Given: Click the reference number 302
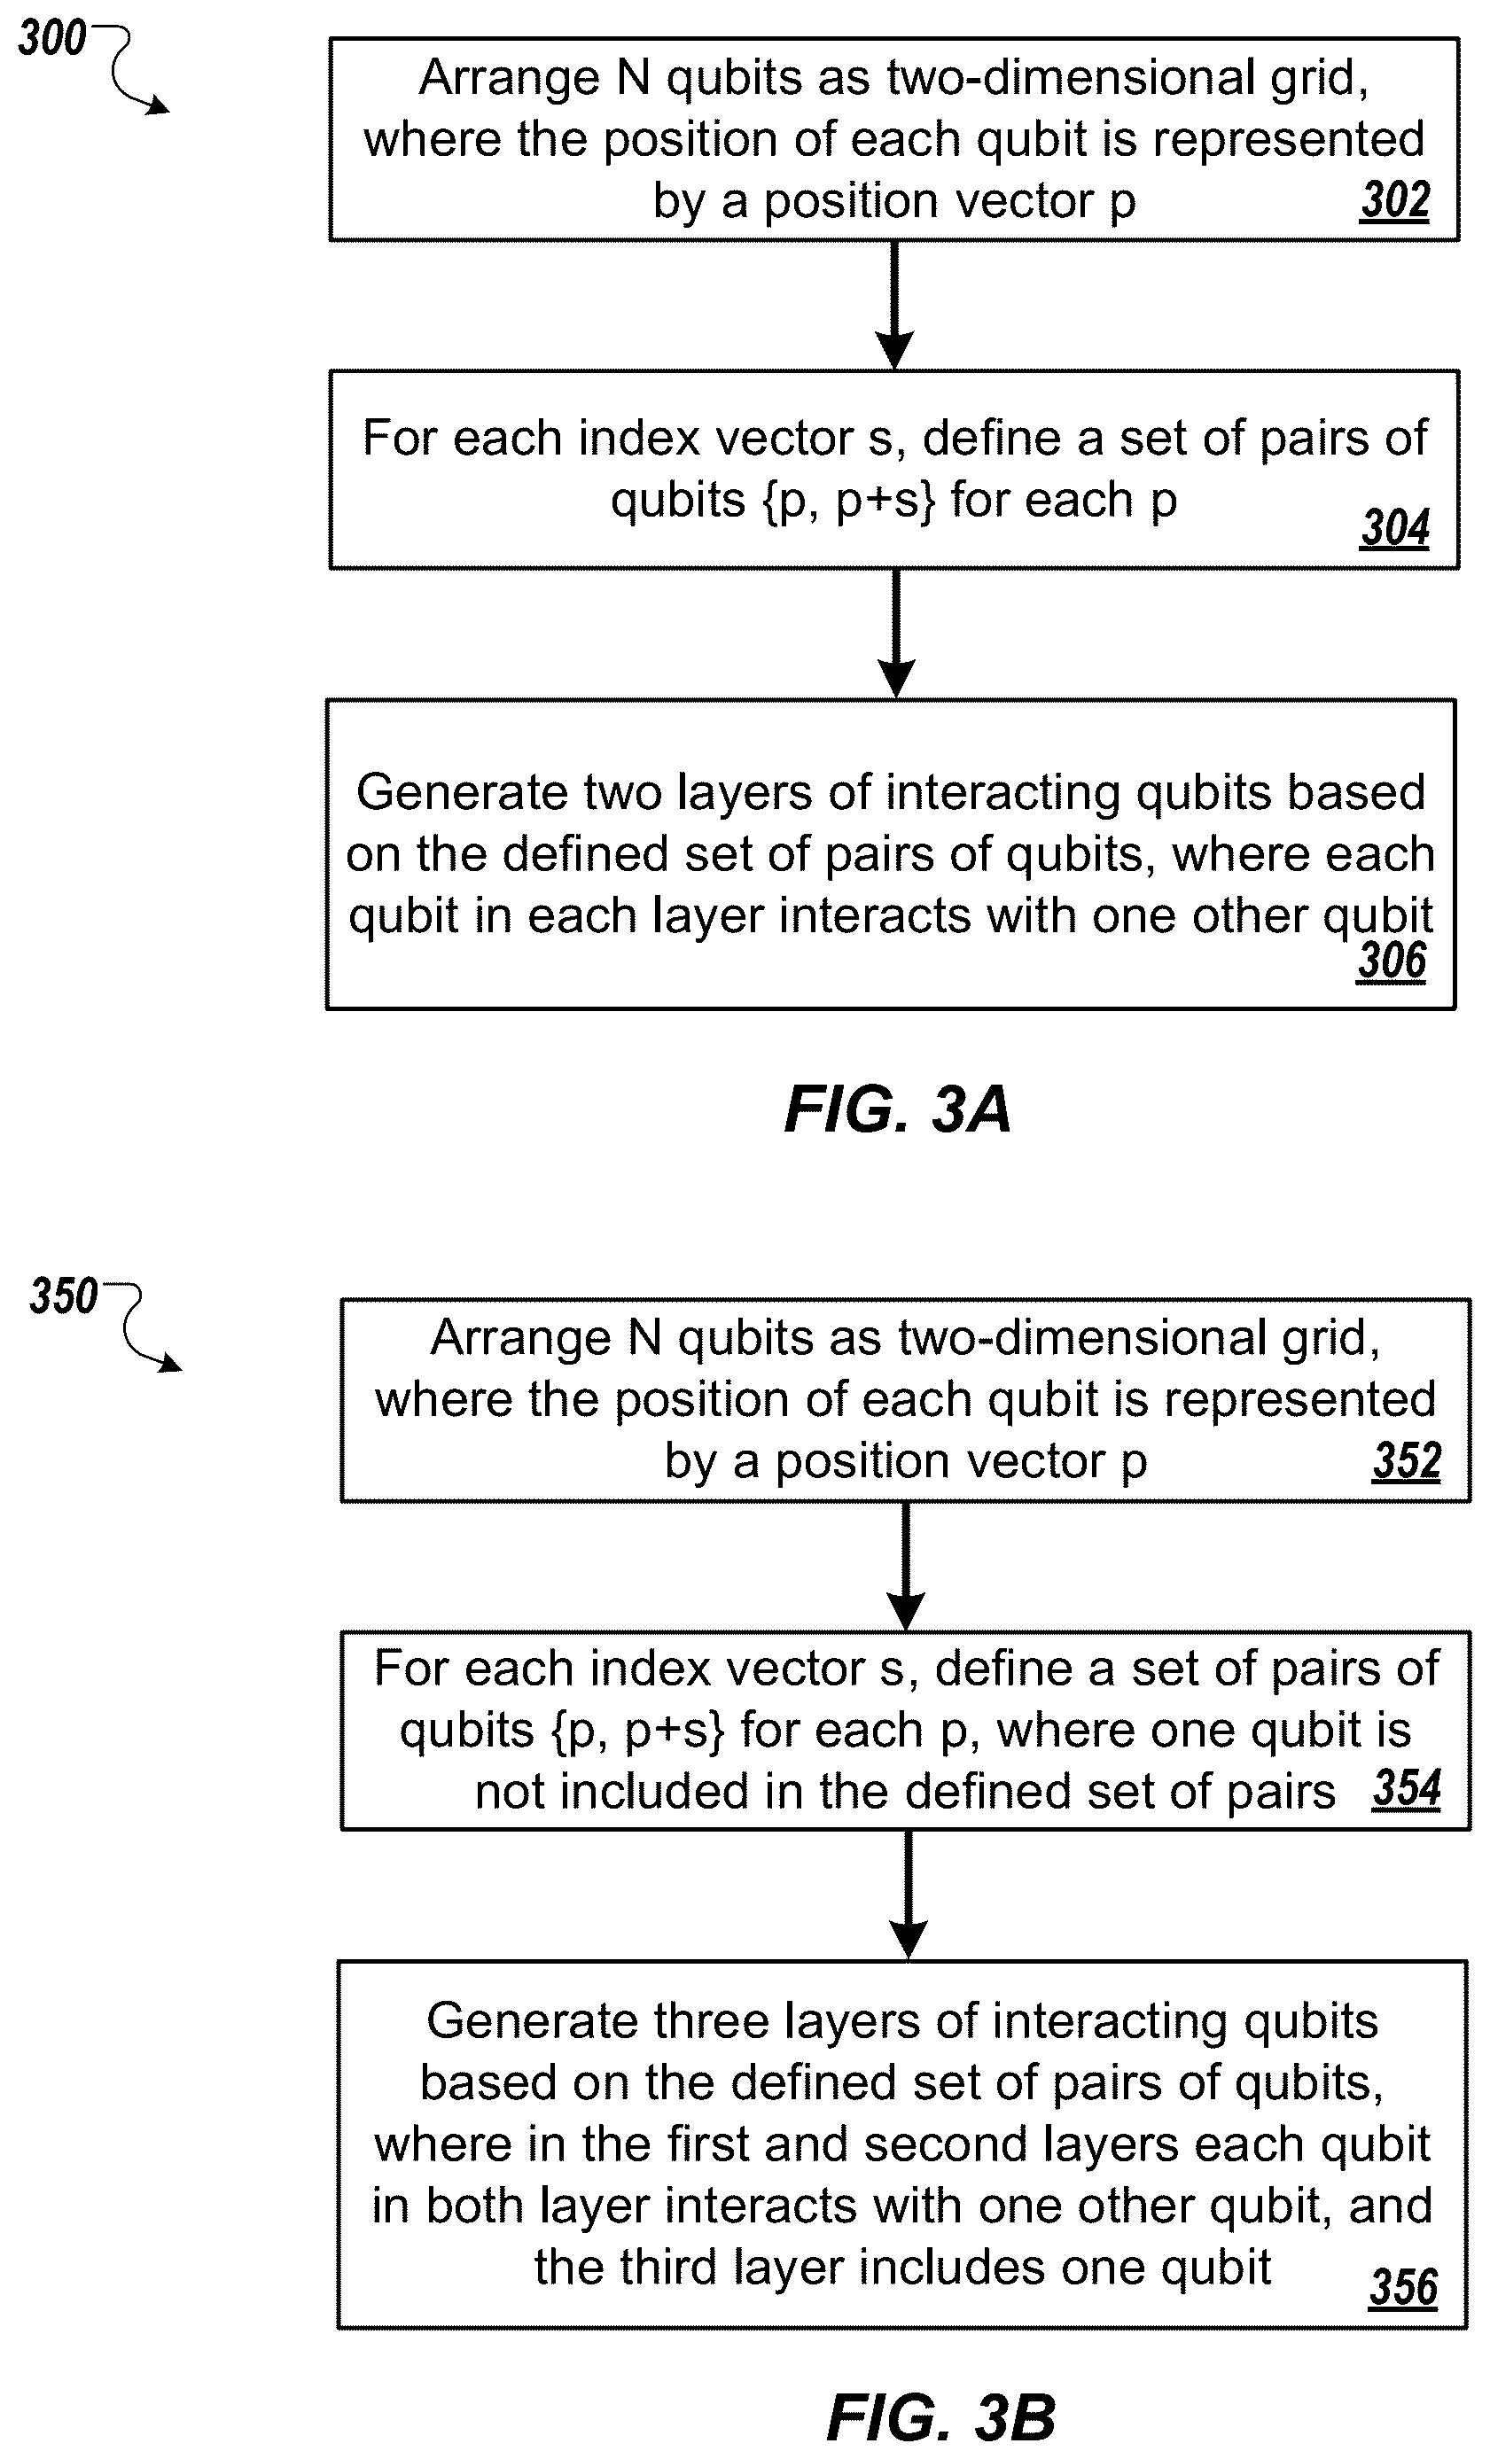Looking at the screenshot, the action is click(1394, 199).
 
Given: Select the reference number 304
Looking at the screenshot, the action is click(1394, 527).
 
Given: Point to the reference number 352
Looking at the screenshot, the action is click(1406, 1460).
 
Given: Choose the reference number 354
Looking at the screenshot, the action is click(1406, 1787).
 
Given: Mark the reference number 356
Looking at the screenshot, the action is click(1402, 2286).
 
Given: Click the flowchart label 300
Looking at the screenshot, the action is click(52, 38).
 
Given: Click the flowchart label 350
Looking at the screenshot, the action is click(64, 1296).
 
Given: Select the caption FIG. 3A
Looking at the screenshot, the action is click(897, 1109).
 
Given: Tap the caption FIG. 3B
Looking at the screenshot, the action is click(940, 2418).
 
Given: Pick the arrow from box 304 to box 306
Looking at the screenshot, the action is click(895, 634).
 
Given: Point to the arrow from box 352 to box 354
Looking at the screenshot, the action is click(906, 1567).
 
